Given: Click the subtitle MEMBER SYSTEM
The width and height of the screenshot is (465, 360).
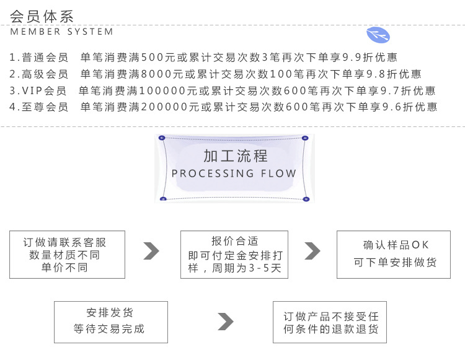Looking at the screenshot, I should click(x=62, y=32).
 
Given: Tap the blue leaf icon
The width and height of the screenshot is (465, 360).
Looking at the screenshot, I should click(x=378, y=35).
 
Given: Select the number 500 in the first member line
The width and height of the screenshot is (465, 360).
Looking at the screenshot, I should click(x=153, y=58).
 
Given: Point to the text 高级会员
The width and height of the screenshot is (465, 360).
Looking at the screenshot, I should click(x=45, y=74).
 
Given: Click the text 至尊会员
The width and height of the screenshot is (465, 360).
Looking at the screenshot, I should click(x=45, y=107).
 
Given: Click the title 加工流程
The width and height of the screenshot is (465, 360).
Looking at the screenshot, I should click(x=235, y=156).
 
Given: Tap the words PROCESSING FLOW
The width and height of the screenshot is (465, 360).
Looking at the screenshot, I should click(x=234, y=173).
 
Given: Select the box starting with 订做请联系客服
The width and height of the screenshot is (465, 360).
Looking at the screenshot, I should click(x=67, y=255).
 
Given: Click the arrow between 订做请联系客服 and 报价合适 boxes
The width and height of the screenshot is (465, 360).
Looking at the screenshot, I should click(x=151, y=251).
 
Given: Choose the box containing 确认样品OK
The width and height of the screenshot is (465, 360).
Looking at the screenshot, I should click(x=394, y=254).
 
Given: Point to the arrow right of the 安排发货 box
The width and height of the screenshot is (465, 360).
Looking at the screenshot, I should click(x=226, y=322).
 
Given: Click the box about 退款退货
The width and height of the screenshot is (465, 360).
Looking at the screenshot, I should click(x=330, y=322).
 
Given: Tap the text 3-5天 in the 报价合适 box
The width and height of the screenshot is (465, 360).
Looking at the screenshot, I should click(x=267, y=268).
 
